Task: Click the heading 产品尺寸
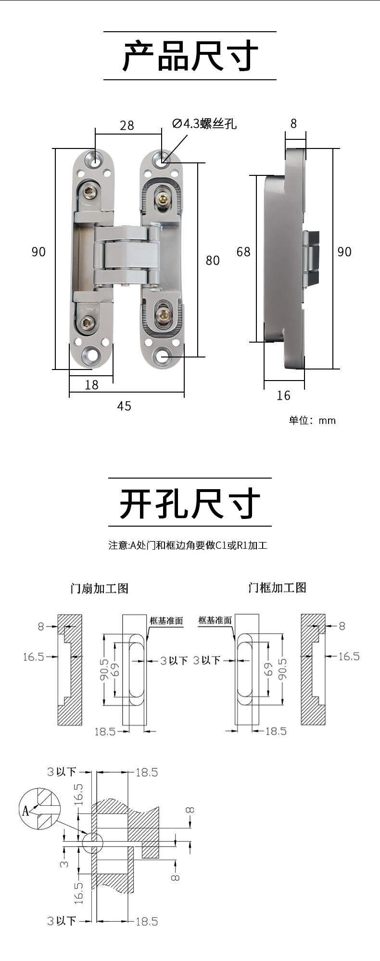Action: pos(190,56)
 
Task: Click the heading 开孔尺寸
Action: pos(190,503)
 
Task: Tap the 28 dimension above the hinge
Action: pos(127,125)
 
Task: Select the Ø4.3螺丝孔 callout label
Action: pos(204,124)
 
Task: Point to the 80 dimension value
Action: pos(213,260)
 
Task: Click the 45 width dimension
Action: pos(124,407)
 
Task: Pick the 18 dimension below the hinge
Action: pos(91,385)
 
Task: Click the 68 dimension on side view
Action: pos(243,252)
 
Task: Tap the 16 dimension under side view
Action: pos(283,395)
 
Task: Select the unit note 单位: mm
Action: pos(312,420)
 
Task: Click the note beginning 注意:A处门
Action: pos(188,545)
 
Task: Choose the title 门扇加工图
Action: pos(100,588)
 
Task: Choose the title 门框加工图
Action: pos(277,588)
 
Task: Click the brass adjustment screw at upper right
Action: pos(162,197)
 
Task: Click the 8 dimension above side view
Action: pos(294,124)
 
